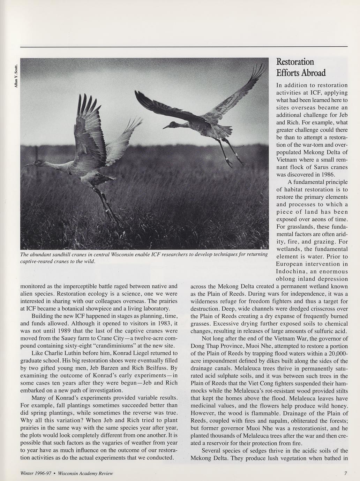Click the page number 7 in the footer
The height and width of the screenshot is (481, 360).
(345, 473)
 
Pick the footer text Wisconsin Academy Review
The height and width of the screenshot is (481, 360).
(85, 473)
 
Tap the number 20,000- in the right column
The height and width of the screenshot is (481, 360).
(337, 353)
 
